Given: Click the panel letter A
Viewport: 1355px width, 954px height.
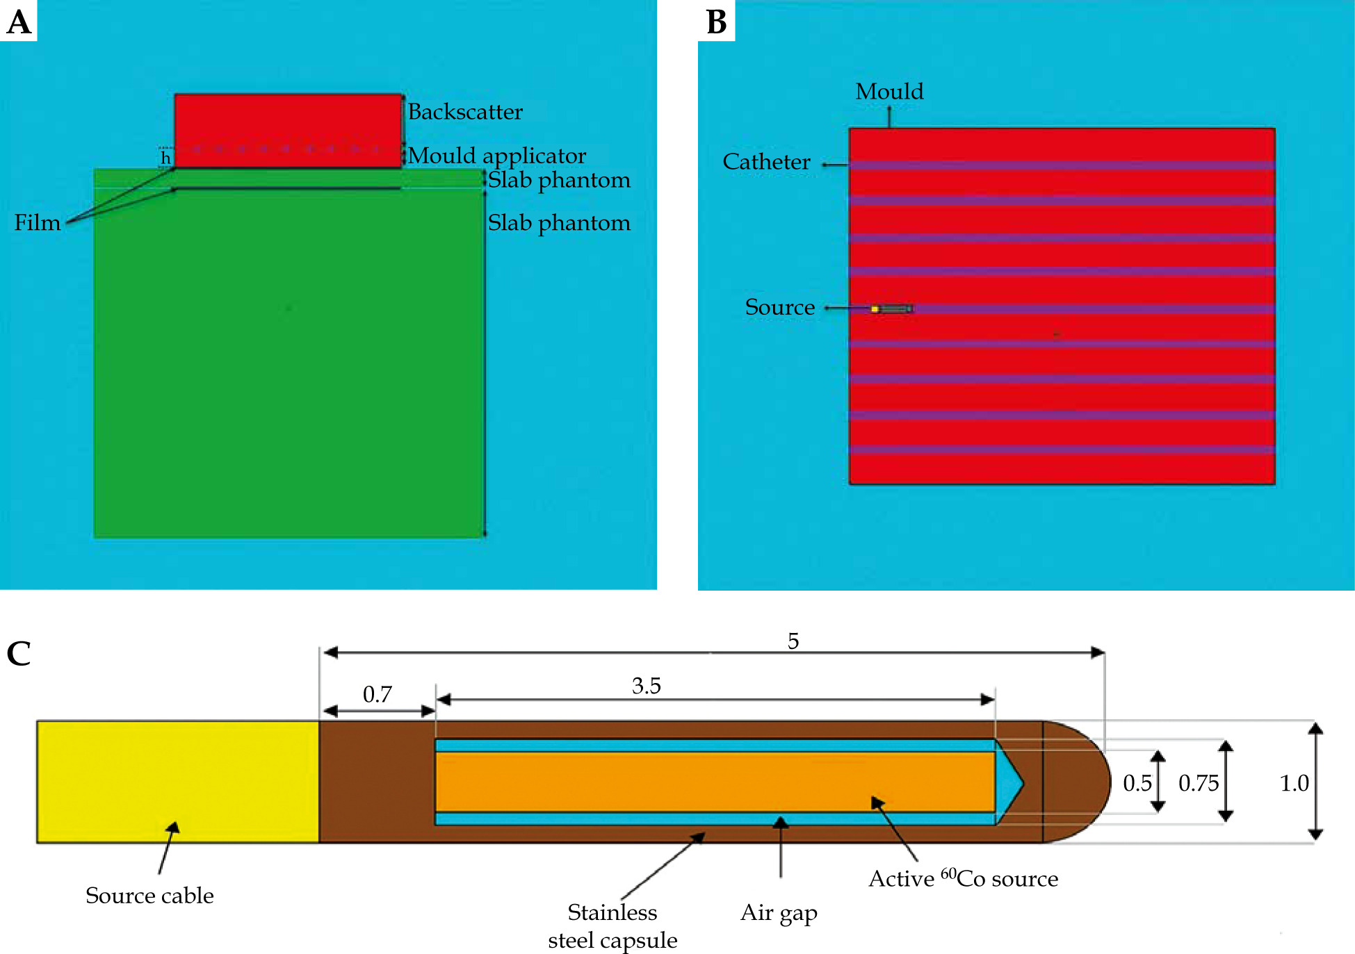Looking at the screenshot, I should tap(19, 22).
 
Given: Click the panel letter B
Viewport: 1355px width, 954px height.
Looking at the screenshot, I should tap(716, 22).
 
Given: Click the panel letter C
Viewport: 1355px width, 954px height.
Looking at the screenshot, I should tap(19, 653).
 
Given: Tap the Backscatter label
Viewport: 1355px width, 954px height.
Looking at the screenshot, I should tap(464, 112).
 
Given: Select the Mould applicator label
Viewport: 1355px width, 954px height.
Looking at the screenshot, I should tap(496, 156).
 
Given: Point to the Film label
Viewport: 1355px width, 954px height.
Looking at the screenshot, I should tap(38, 222).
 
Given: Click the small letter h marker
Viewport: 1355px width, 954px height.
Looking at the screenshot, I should tap(165, 158).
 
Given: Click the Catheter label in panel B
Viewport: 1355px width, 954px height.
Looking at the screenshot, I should tap(766, 162).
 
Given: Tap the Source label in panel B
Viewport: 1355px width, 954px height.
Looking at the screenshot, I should tap(779, 307).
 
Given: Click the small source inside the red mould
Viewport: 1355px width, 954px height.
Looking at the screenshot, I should tap(892, 309).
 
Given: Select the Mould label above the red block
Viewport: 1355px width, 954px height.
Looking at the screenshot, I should tap(889, 92).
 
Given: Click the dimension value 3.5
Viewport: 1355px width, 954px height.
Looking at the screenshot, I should tap(646, 686).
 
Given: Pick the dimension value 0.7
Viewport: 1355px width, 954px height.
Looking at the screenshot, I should tap(378, 694).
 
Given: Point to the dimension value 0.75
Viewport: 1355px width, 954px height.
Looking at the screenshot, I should tap(1199, 784).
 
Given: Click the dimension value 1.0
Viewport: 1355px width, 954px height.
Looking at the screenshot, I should tap(1294, 784).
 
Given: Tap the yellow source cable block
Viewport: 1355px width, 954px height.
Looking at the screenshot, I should tap(177, 782).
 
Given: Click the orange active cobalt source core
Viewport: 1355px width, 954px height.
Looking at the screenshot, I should tap(715, 782).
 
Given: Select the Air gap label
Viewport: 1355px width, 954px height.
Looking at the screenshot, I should tap(779, 913).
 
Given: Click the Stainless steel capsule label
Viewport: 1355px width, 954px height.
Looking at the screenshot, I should tap(612, 926).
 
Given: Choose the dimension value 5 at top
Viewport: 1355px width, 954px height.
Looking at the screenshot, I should tap(793, 641).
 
